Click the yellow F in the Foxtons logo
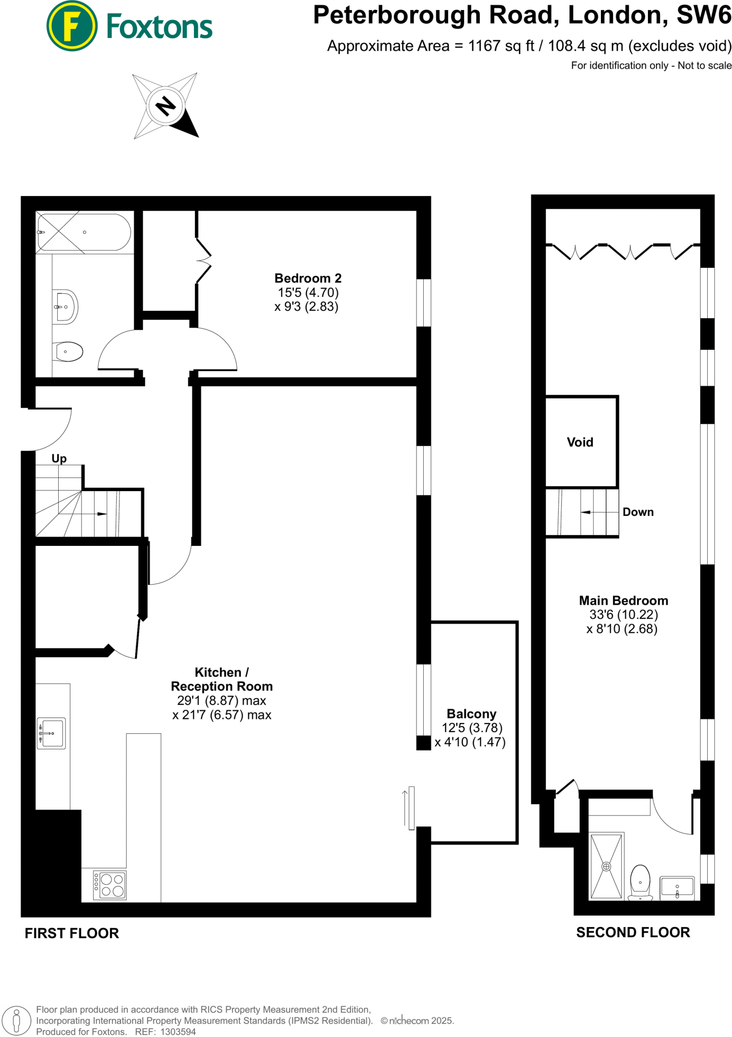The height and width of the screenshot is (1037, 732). tap(71, 26)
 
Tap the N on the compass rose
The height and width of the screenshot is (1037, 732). tap(166, 106)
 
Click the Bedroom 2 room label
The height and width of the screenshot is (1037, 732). tap(308, 278)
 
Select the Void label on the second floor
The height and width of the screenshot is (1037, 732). tap(580, 442)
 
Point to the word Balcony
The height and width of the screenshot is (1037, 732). tap(471, 713)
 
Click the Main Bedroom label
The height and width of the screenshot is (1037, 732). tap(623, 601)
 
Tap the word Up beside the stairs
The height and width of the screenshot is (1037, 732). tap(59, 458)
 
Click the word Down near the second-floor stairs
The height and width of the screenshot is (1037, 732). tap(638, 512)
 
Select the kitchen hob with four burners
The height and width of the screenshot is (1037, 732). tap(110, 885)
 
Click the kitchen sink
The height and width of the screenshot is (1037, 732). tap(52, 733)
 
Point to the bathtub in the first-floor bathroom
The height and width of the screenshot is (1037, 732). tap(84, 232)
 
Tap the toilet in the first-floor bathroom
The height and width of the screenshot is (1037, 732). tap(69, 351)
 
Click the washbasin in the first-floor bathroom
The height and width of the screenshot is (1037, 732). tap(66, 307)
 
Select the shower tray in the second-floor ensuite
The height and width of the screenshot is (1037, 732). tap(606, 866)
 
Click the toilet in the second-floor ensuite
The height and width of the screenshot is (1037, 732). tap(640, 882)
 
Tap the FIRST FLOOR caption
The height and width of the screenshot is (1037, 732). tap(72, 933)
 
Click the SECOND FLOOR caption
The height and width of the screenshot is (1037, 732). tap(633, 932)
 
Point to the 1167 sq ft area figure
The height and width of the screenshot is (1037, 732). tap(501, 46)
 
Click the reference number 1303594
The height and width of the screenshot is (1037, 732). tap(178, 1031)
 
